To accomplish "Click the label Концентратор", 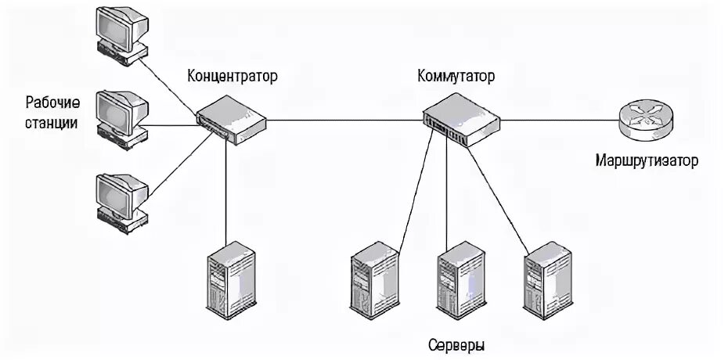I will [232, 77].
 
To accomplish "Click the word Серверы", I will [457, 345].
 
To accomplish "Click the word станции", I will [52, 123].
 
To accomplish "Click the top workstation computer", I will [121, 33].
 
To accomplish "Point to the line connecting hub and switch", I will [344, 121].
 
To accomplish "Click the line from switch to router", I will [560, 121].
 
